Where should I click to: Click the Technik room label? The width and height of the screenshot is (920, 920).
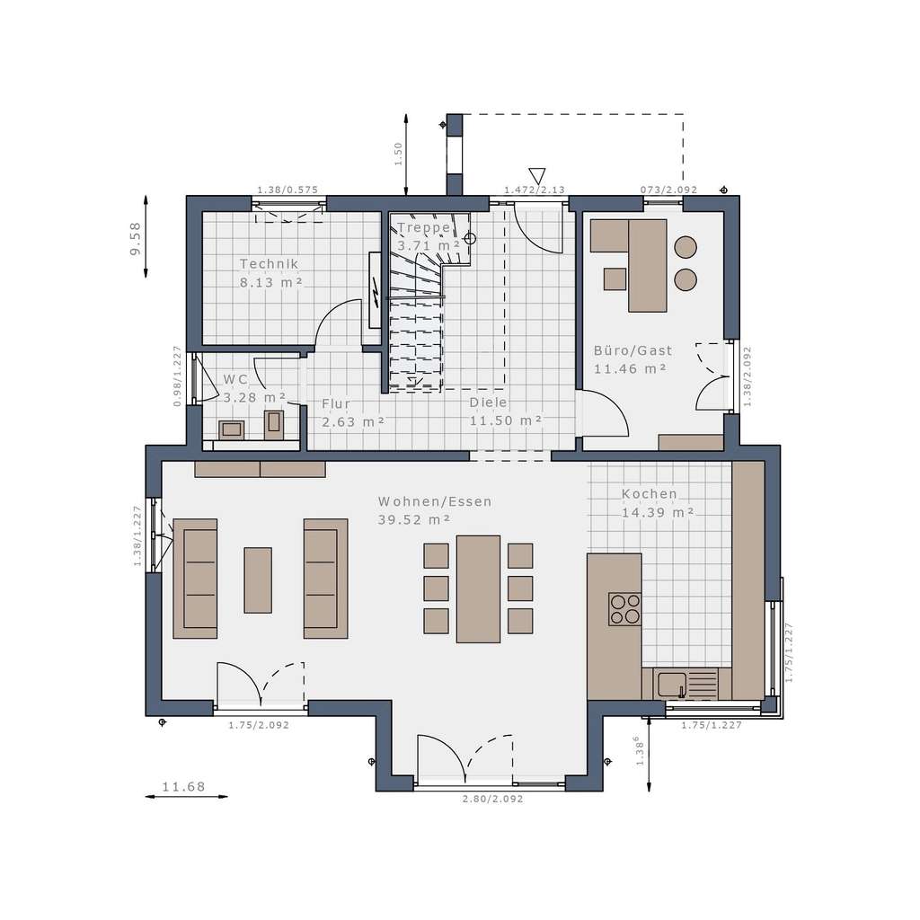pyautogui.click(x=269, y=264)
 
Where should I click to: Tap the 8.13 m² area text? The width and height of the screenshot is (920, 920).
pyautogui.click(x=270, y=282)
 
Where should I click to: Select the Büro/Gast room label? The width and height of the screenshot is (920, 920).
pyautogui.click(x=632, y=350)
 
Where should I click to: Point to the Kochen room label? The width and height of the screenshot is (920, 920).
pyautogui.click(x=650, y=494)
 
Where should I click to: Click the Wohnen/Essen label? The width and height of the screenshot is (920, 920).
pyautogui.click(x=435, y=501)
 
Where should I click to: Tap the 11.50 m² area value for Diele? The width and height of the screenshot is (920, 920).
pyautogui.click(x=506, y=420)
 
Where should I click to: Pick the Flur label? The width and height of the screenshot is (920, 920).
pyautogui.click(x=336, y=404)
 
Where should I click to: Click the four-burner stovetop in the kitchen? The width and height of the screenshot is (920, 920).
pyautogui.click(x=624, y=608)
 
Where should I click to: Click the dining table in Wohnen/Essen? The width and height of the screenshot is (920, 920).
pyautogui.click(x=478, y=588)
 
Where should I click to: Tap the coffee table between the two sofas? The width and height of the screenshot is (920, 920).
pyautogui.click(x=258, y=580)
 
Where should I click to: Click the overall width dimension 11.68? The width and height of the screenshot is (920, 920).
pyautogui.click(x=183, y=788)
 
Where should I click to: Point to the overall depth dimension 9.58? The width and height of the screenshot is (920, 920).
pyautogui.click(x=136, y=239)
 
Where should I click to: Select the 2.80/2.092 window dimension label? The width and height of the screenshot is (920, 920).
pyautogui.click(x=492, y=798)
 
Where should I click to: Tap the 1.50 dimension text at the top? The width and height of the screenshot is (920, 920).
pyautogui.click(x=399, y=154)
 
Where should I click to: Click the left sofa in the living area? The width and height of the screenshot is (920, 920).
pyautogui.click(x=195, y=579)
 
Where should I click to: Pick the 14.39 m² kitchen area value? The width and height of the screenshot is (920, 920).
pyautogui.click(x=658, y=513)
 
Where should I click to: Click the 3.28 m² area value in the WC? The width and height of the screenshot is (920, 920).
pyautogui.click(x=254, y=396)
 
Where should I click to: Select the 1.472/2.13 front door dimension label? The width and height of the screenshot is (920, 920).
pyautogui.click(x=534, y=190)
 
